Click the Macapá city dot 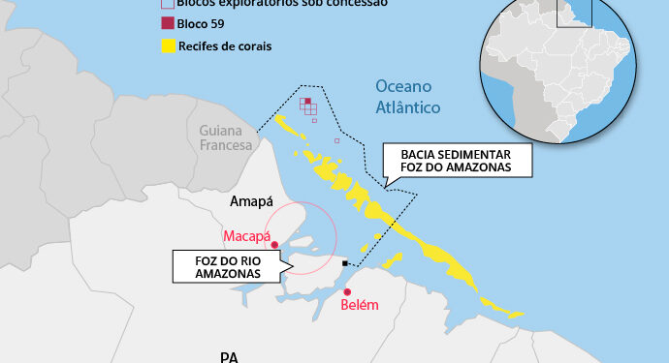pos(275,245)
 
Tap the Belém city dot pos(347,292)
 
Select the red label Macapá pos(246,235)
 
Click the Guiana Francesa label pos(226,137)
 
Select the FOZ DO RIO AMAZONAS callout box pos(219,266)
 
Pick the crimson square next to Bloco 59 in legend pos(168,22)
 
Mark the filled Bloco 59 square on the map pos(306,102)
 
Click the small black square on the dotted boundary pos(344,262)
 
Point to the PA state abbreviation pos(229,356)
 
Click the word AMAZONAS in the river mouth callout pos(220,274)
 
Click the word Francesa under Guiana pos(226,145)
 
